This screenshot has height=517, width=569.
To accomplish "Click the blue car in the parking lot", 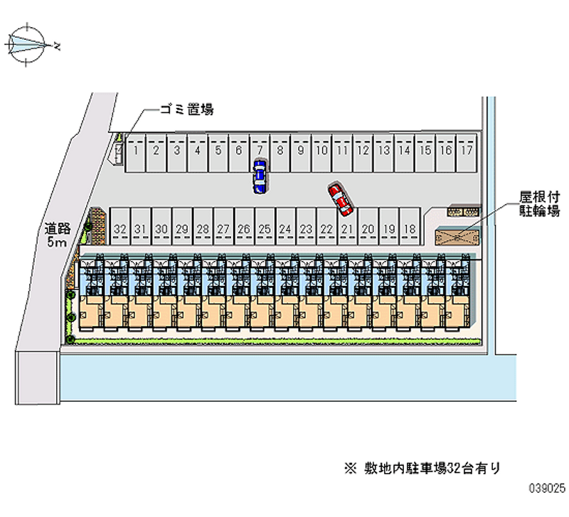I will [x=260, y=176].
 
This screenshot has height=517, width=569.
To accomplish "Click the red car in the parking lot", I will [x=340, y=199].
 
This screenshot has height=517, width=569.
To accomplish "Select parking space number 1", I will [x=135, y=151].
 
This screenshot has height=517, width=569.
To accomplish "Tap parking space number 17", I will [x=466, y=151].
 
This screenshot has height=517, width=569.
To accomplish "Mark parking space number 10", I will [x=321, y=151].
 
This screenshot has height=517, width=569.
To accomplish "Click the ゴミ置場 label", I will [x=187, y=110].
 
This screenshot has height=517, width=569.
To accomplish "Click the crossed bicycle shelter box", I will [x=456, y=236].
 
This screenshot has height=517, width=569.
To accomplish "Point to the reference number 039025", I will [x=546, y=490].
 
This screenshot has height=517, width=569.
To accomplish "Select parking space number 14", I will [x=404, y=151].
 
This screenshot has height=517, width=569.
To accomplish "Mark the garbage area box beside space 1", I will [x=118, y=151].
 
